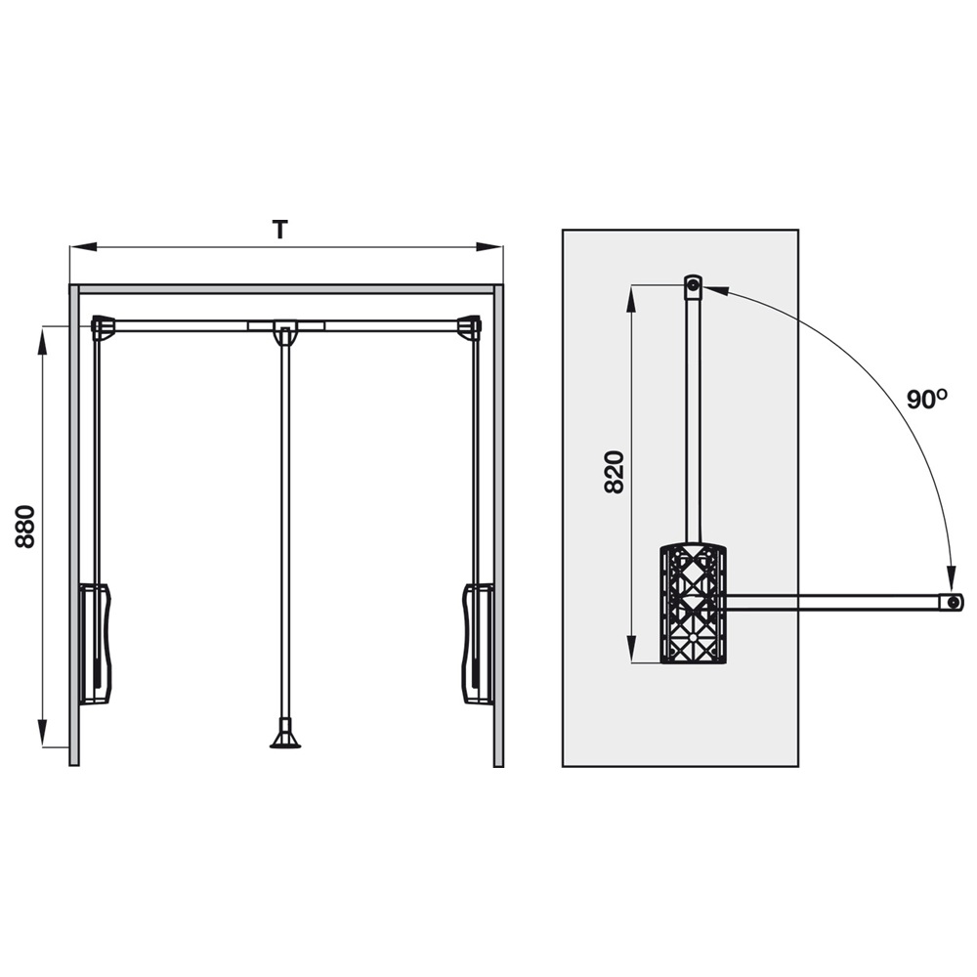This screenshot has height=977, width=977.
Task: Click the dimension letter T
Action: point(280,230)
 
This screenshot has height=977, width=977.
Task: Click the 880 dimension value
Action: point(25,527)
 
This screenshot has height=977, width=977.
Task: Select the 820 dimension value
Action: point(615,472)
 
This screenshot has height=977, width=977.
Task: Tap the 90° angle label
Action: point(926,400)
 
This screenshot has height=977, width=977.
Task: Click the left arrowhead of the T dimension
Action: point(83,247)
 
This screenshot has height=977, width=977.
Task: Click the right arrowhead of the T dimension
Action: point(489,247)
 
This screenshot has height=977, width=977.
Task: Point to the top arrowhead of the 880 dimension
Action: point(42,340)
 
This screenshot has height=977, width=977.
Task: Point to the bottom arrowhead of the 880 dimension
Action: point(42,733)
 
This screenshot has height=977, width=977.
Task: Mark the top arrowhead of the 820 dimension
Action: point(631,299)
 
